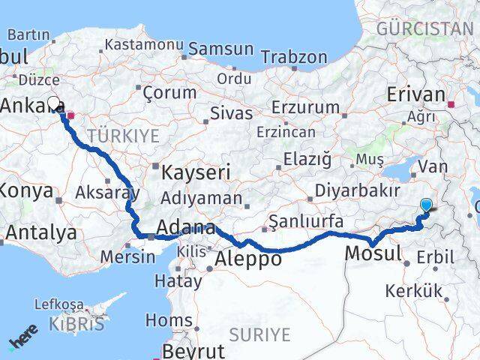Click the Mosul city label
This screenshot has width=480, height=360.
[373, 253]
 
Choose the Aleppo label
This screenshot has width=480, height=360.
[248, 259]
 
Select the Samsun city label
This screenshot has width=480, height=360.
[221, 49]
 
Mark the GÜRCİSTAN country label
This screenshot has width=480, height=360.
[425, 29]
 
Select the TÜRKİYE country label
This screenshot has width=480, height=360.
[123, 136]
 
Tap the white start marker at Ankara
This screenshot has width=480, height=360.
[53, 103]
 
